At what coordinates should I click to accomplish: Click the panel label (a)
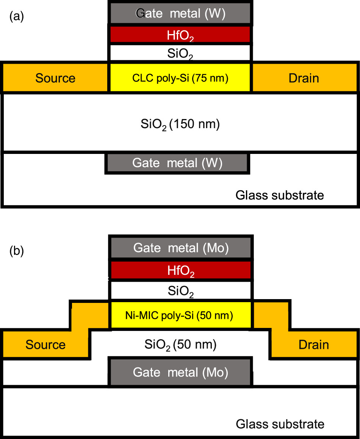16,17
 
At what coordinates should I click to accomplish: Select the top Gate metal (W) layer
180,14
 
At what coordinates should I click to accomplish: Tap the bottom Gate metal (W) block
177,163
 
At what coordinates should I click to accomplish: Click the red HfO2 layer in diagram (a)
180,35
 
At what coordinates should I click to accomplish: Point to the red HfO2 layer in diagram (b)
181,270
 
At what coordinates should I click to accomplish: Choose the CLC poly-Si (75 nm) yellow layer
180,78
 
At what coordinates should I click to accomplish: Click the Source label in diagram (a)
55,78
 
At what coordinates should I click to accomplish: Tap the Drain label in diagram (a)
304,78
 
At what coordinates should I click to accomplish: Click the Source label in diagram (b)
45,345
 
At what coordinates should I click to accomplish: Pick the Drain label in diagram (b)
313,345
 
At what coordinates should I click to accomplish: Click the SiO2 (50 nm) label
180,344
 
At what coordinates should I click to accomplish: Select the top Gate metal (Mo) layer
181,248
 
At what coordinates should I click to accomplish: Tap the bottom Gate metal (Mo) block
181,372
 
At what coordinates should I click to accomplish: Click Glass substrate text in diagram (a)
280,195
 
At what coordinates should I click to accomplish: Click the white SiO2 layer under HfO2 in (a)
180,53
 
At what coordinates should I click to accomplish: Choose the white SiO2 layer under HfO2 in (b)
181,291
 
